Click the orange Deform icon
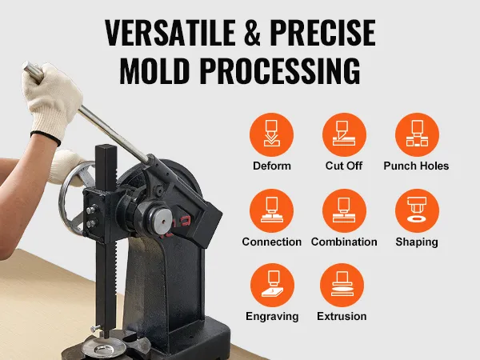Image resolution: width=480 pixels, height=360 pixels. [x=271, y=134]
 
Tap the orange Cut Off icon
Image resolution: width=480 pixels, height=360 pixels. [x=344, y=134]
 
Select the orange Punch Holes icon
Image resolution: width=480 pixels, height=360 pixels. [x=416, y=134]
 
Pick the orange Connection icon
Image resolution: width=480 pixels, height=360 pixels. [x=271, y=210]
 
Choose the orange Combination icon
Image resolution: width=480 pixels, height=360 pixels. [x=344, y=210]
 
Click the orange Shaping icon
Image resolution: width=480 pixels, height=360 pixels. [x=416, y=210]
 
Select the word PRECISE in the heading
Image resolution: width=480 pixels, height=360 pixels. [x=323, y=34]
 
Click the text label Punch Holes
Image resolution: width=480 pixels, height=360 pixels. [x=416, y=166]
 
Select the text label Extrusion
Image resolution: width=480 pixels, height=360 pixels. [x=341, y=317]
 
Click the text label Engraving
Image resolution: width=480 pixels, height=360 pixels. [x=271, y=317]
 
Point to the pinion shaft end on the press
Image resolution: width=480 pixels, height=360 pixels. [x=165, y=215]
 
